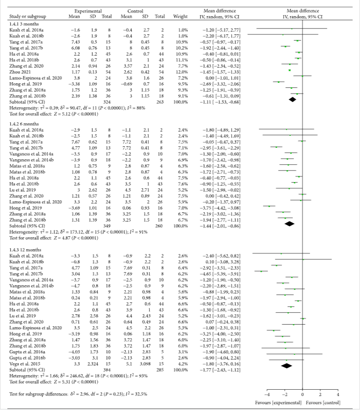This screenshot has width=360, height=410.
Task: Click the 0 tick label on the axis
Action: [x=303, y=396]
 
